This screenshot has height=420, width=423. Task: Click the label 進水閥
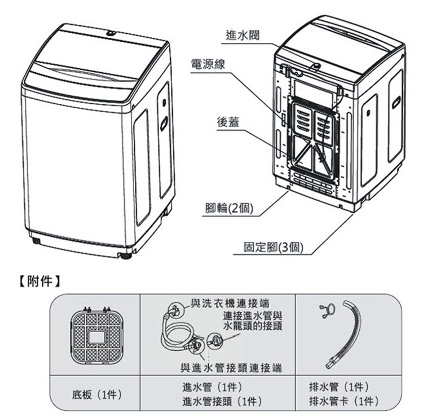coord(243,36)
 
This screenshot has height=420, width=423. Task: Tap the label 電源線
coord(208,64)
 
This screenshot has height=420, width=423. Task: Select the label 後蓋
coord(228,122)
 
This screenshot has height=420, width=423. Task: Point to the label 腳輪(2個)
coord(230,208)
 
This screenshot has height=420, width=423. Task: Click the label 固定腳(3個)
coord(274,247)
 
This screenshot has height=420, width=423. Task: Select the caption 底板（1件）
coord(97,395)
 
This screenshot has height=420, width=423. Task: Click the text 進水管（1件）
coord(212,387)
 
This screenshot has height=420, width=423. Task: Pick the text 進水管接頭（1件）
coord(222,401)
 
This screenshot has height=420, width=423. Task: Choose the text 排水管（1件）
coord(339,387)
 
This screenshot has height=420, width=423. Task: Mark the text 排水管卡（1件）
coord(343,401)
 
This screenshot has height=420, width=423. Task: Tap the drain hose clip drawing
coord(327,311)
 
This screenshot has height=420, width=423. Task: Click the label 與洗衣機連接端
coord(230,303)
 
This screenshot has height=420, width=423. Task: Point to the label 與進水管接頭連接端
coord(231,368)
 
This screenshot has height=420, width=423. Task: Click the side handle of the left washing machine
coord(164,123)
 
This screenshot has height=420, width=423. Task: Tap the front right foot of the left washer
coord(126,255)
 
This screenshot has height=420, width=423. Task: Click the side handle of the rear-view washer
coord(396,103)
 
